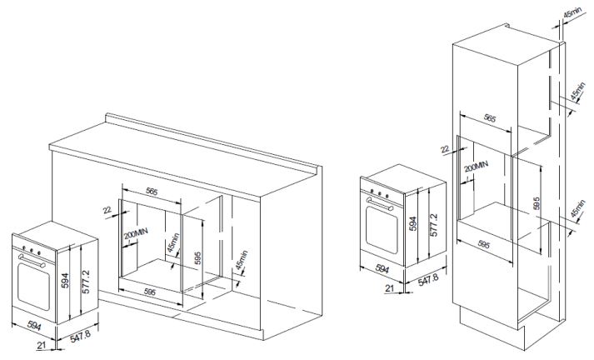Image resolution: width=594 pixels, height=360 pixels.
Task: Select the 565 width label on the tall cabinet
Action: coord(489,118)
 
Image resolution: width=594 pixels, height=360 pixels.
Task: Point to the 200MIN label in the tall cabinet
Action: coord(476,167)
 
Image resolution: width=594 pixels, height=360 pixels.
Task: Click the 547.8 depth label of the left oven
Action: coord(80,337)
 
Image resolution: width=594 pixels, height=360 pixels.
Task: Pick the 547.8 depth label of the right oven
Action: coord(427,280)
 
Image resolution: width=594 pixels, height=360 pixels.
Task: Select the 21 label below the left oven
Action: coord(42,347)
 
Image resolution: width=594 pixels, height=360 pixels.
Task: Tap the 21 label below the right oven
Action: coord(389,288)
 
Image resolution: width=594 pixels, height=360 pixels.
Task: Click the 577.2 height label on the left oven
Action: coord(87,282)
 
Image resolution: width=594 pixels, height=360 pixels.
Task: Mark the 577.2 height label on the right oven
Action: coord(434,225)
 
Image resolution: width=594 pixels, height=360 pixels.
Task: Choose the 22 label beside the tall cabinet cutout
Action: coord(445,149)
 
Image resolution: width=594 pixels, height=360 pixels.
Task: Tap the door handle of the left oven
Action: coord(32,261)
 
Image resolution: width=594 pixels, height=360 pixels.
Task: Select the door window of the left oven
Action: coord(33,287)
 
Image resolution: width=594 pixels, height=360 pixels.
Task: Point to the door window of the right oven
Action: coord(382,231)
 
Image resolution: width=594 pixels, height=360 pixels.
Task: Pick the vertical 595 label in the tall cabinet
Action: coord(536,204)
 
